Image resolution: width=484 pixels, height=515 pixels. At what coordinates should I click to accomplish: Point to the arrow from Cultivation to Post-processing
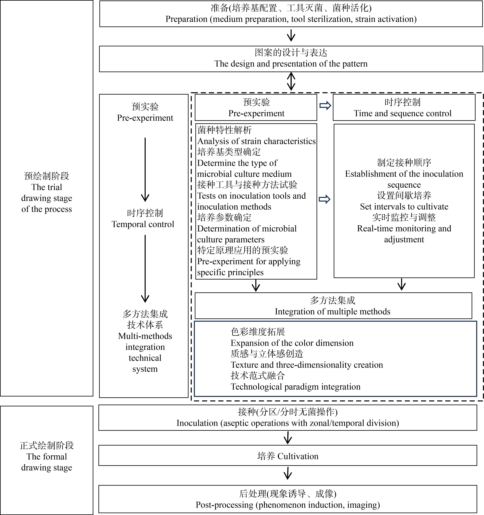(x=288, y=473)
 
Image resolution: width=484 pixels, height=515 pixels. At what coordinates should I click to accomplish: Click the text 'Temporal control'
(x=143, y=224)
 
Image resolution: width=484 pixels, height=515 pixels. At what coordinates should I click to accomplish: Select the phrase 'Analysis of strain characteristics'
(x=256, y=141)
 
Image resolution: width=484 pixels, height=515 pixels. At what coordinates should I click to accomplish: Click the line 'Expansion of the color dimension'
(x=292, y=343)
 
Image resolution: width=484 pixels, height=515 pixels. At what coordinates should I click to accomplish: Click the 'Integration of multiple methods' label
(x=332, y=311)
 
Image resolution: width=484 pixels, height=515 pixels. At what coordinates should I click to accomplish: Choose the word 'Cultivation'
(x=298, y=456)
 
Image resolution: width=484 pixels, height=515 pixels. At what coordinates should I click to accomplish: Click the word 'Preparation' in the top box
(x=187, y=19)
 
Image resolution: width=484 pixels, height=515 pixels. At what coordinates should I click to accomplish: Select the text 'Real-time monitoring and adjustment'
(x=404, y=234)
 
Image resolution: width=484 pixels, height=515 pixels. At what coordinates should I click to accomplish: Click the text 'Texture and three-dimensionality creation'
(x=307, y=365)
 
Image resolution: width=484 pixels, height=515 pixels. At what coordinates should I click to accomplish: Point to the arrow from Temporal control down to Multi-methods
(x=145, y=269)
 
